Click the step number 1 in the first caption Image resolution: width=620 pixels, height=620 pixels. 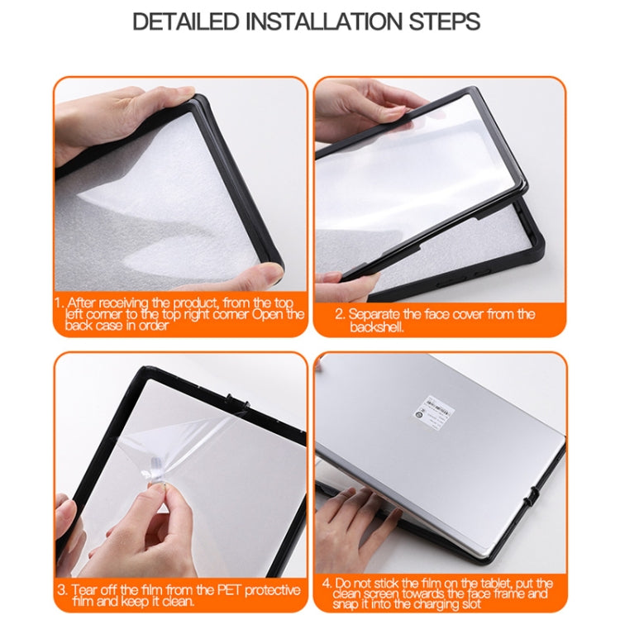(x=59, y=303)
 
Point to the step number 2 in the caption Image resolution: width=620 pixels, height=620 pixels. (x=339, y=314)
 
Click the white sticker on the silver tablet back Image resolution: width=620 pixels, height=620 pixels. (x=439, y=408)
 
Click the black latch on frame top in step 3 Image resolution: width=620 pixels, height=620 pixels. (x=241, y=407)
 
